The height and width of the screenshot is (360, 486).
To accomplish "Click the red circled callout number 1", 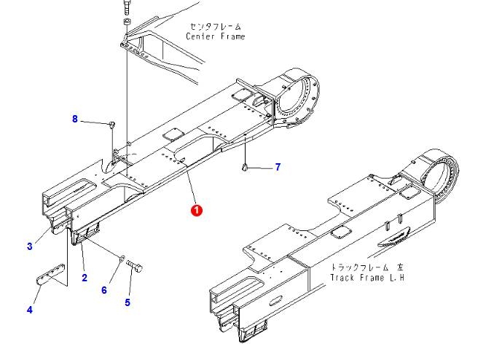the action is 197,210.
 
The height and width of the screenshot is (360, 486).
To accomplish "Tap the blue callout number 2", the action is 85,278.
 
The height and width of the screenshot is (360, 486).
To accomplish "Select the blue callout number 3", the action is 30,246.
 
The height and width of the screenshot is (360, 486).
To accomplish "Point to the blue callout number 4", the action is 30,310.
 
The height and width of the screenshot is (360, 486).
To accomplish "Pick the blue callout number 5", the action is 128,302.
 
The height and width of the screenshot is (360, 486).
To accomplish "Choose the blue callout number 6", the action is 104,290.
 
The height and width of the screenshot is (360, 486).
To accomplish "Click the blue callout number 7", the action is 278,167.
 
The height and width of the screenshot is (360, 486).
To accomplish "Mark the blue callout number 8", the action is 75,119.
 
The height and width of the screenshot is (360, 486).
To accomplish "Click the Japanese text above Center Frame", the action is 216,26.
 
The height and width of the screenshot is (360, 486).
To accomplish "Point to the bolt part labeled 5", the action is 135,266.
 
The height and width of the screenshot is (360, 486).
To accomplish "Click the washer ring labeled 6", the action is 122,257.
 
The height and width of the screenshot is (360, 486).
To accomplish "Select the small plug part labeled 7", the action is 245,168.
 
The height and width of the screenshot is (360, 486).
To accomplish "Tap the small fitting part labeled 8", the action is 112,125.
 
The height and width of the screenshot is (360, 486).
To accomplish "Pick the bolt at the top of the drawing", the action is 127,7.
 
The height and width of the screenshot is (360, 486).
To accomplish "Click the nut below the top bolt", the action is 127,23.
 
